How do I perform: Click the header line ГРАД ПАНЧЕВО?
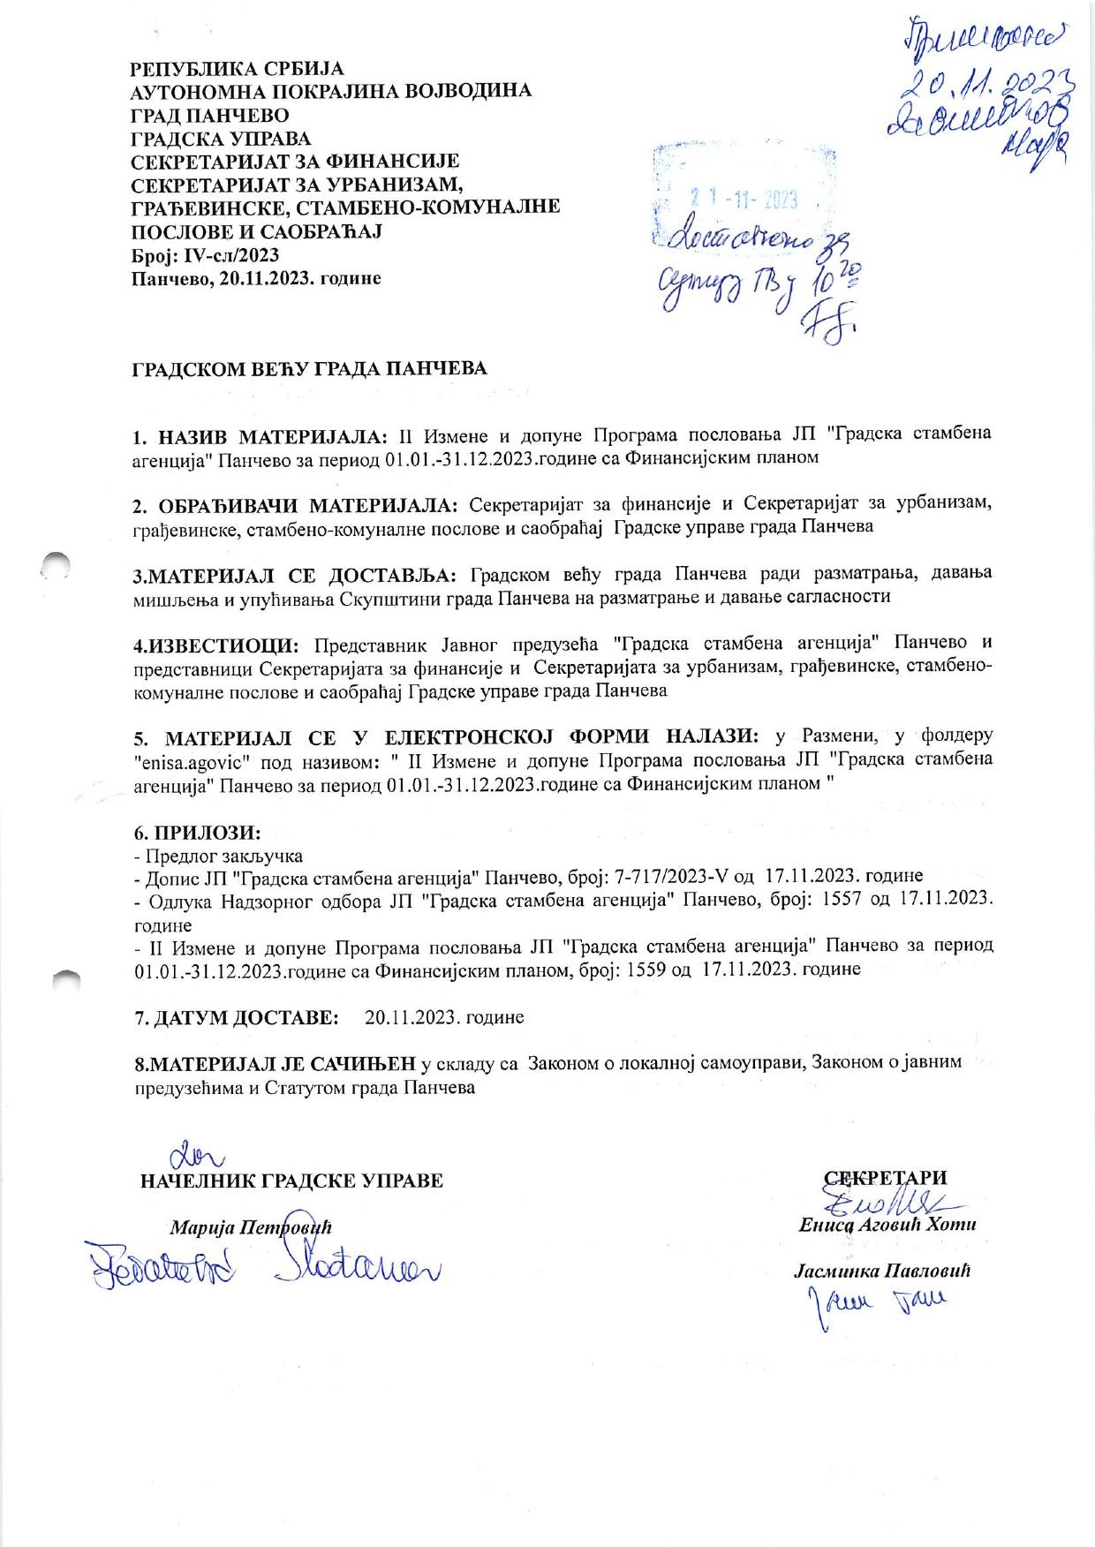pos(209,115)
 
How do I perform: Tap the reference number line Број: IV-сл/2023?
pos(205,255)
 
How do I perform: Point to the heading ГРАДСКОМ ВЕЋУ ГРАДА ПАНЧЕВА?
pos(309,368)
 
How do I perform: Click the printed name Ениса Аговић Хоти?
pos(887,1226)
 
